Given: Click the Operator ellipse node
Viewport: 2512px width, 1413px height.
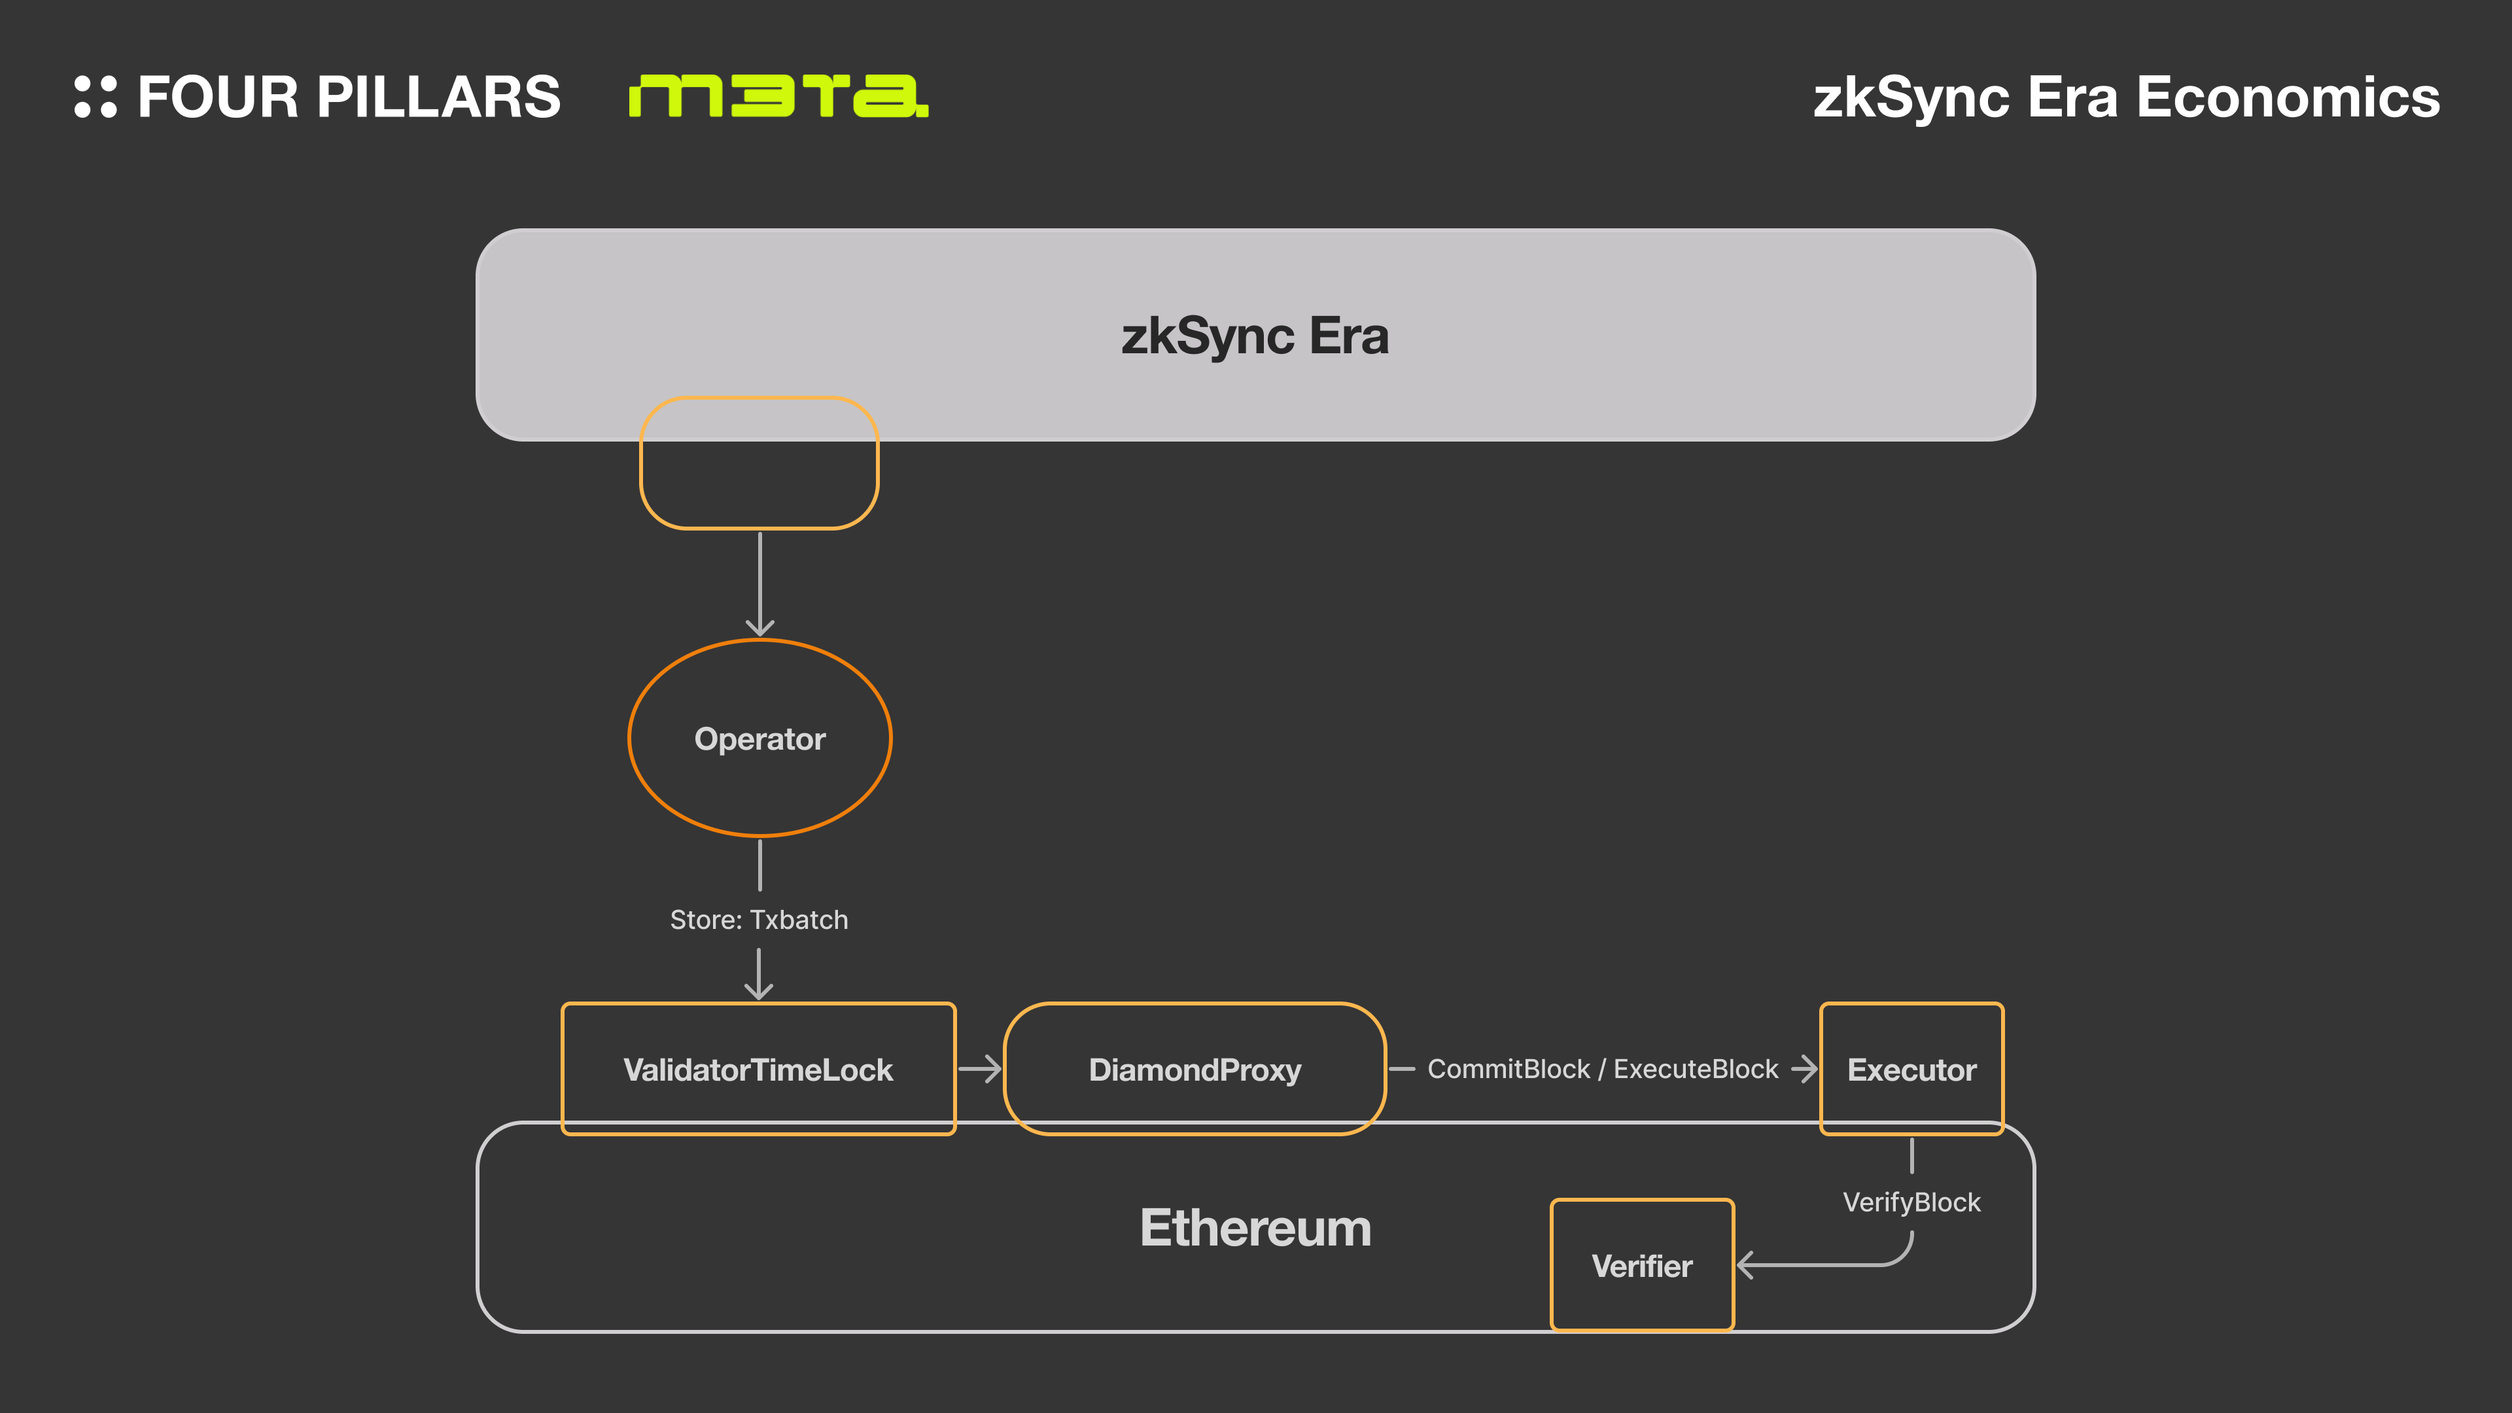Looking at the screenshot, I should [759, 738].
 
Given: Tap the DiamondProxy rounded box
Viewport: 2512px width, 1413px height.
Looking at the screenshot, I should [1195, 1069].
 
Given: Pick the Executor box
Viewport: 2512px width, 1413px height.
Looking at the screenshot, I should [1911, 1069].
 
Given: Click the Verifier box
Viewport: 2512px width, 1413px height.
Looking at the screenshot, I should [1642, 1265].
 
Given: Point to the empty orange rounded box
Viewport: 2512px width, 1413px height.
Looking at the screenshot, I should [759, 463].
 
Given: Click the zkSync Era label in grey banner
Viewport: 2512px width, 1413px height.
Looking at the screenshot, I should [1255, 336].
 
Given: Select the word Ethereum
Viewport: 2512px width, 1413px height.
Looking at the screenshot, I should [1255, 1228].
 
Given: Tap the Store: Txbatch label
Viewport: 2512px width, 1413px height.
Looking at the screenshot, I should [759, 920].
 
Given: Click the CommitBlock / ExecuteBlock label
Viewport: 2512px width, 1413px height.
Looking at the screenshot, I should [1602, 1069].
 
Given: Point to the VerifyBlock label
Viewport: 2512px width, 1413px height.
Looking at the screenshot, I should [1911, 1202].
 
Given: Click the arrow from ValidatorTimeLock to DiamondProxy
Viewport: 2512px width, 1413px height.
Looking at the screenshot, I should [979, 1069].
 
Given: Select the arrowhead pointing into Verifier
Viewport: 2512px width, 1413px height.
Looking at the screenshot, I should [1747, 1265].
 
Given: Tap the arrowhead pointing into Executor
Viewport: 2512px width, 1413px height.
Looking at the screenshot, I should [1806, 1069].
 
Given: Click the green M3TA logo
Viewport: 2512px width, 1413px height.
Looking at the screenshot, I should [778, 96].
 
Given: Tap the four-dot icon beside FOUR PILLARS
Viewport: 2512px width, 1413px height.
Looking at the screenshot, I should [96, 97].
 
